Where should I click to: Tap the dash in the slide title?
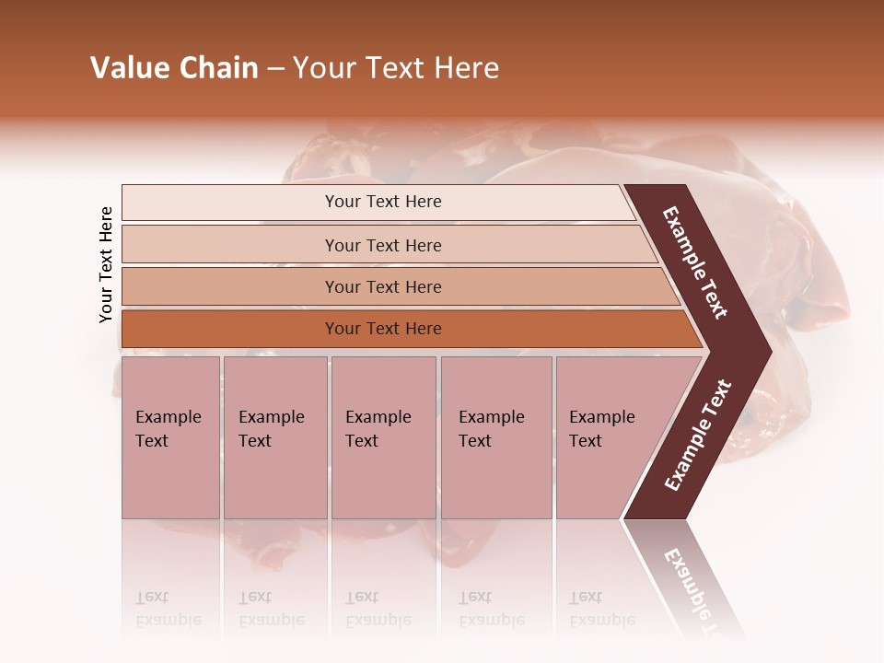click(x=275, y=69)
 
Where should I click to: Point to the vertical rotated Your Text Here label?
click(x=106, y=264)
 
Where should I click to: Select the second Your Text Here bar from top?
click(x=382, y=245)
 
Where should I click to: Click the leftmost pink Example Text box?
click(x=170, y=437)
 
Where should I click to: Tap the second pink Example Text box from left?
click(x=274, y=437)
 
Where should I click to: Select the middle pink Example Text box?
click(x=383, y=437)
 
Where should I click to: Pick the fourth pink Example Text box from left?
click(x=495, y=437)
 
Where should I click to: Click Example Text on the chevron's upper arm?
click(x=695, y=262)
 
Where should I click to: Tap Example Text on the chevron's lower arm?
click(x=698, y=435)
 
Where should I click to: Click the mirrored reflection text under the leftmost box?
click(x=168, y=609)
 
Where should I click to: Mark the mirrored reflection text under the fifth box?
click(x=601, y=609)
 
